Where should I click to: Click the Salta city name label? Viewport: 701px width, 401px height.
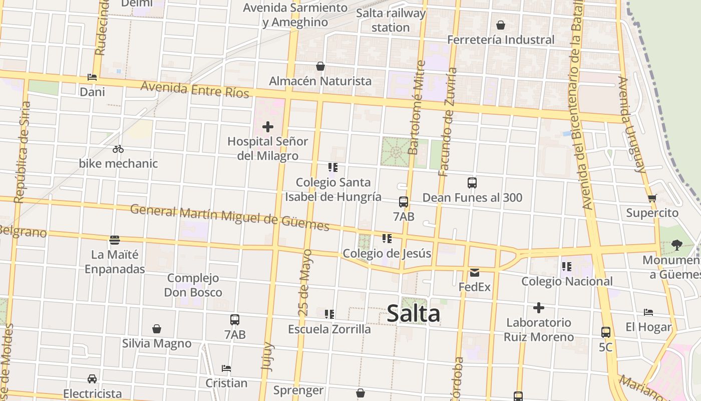tap(414, 314)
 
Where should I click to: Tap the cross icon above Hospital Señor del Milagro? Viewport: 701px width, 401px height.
tap(268, 127)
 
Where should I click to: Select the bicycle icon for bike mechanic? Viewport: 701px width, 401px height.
tap(118, 149)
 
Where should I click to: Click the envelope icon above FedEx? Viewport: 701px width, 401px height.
tap(475, 273)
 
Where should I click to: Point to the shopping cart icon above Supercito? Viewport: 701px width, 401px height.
tap(652, 198)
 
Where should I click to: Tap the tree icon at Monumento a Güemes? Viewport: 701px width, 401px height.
tap(677, 245)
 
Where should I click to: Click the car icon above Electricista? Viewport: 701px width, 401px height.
tap(92, 378)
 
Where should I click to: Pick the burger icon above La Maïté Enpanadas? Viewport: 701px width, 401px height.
tap(115, 240)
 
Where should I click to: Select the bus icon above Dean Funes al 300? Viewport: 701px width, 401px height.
tap(472, 183)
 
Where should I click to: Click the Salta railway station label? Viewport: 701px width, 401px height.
tap(391, 20)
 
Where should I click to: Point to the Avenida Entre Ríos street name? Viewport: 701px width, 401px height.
tap(195, 90)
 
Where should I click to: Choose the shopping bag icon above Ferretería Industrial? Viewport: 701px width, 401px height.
tap(500, 25)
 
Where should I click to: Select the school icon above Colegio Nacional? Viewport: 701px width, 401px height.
tap(567, 266)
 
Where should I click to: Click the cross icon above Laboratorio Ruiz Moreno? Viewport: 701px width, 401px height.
tap(539, 307)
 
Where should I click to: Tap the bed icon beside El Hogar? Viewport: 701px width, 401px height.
tap(648, 312)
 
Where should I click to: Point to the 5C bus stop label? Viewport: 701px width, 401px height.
tap(605, 347)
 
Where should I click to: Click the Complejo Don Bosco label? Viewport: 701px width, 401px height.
tap(193, 285)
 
